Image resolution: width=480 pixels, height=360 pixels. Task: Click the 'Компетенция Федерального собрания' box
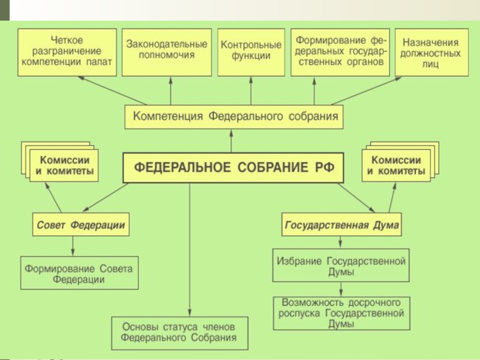(234, 116)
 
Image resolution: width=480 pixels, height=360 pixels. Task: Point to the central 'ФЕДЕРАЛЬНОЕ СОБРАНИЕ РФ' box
(233, 167)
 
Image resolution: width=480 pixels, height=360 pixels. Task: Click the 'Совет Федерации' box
(81, 226)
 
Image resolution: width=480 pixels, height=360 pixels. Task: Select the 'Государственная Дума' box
(341, 226)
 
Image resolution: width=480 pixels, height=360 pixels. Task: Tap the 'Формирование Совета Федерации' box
(79, 274)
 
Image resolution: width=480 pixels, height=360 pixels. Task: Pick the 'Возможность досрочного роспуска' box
(341, 313)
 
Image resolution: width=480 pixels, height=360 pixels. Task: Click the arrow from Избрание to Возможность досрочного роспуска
(341, 289)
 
